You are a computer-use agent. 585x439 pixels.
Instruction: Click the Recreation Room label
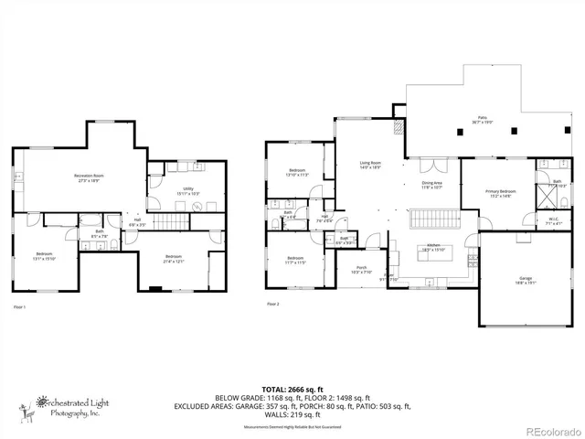tap(89, 177)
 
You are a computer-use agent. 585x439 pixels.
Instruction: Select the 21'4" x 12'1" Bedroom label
tap(175, 259)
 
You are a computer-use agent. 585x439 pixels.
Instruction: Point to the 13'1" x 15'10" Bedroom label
tap(45, 255)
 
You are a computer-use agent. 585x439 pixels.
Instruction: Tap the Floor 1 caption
tap(18, 306)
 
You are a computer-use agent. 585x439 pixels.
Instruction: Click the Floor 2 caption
tap(273, 304)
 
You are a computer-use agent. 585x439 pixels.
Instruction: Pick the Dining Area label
tap(431, 185)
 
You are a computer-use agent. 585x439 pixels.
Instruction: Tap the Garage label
tap(526, 280)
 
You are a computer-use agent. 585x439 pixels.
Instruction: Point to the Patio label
tap(482, 119)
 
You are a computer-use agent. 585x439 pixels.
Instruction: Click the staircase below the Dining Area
tap(431, 219)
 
